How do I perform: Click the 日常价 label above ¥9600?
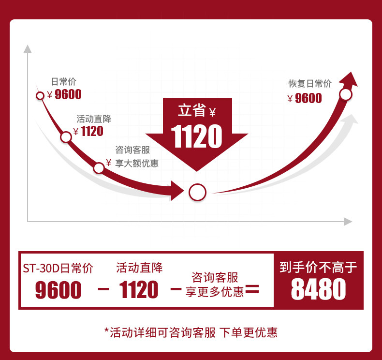click(63, 82)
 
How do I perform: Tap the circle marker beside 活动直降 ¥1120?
click(66, 137)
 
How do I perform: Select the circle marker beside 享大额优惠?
click(99, 168)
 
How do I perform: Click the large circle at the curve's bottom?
click(197, 193)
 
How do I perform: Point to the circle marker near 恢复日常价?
click(346, 94)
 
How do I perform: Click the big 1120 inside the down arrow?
click(197, 136)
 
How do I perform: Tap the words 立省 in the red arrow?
click(191, 111)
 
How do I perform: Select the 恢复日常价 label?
click(310, 83)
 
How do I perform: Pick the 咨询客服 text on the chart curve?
click(132, 150)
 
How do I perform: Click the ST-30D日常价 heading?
click(58, 268)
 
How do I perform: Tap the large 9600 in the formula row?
click(59, 290)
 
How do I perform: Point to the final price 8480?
click(318, 290)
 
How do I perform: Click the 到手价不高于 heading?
click(318, 267)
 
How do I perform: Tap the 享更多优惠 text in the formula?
click(215, 292)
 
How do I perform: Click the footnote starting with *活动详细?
click(191, 332)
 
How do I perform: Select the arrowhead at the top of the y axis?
click(28, 49)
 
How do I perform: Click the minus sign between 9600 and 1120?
click(103, 289)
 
